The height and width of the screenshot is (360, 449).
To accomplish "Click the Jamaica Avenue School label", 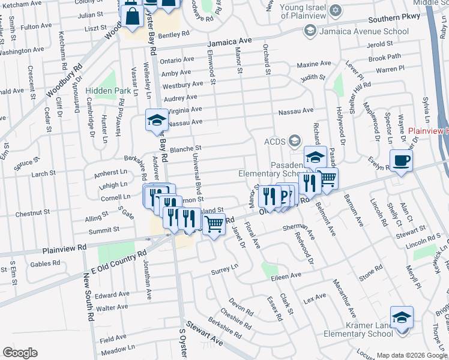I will pos(356,31).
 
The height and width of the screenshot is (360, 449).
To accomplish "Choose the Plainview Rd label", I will pos(64,247).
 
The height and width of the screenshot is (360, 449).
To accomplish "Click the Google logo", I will pos(20,353).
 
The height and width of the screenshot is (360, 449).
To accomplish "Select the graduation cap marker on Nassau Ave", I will pos(157,120).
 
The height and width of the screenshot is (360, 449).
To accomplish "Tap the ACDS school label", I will pos(276,142).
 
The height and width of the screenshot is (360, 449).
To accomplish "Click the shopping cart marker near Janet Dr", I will pos(214,224).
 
